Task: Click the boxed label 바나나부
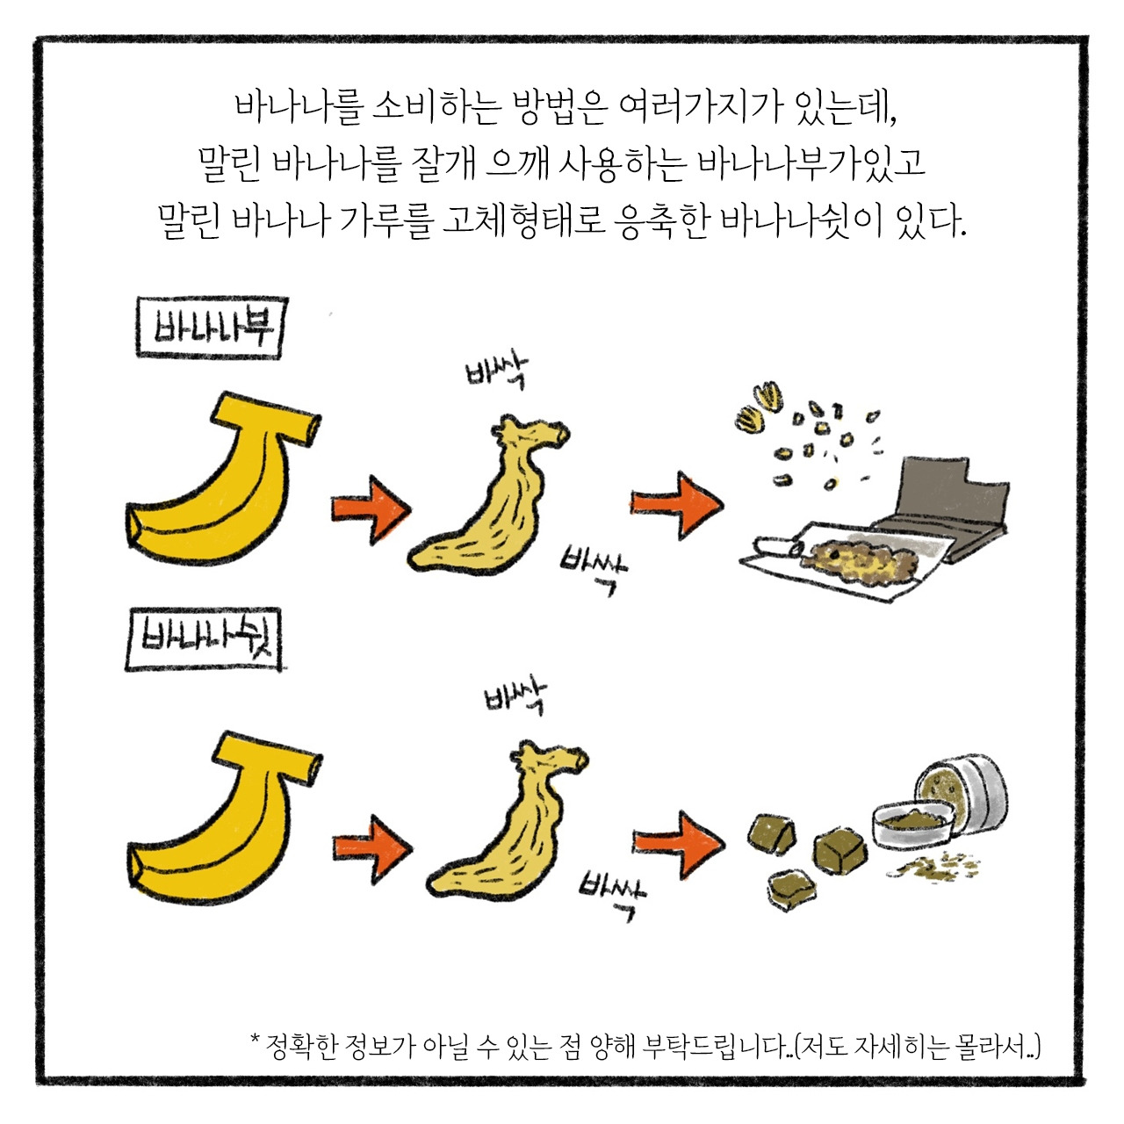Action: click(211, 328)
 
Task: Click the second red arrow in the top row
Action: click(676, 505)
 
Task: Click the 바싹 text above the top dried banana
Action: click(497, 373)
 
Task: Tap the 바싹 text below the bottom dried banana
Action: click(612, 891)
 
